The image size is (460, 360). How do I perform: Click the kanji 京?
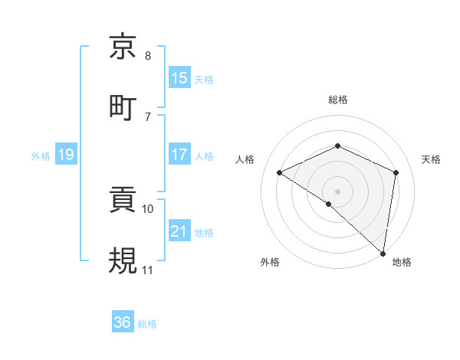(x=124, y=47)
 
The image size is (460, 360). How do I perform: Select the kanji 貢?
(x=124, y=201)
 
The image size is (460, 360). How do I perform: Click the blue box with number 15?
(x=179, y=77)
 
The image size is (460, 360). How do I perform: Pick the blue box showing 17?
(x=179, y=155)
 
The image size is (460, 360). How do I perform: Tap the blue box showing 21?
(x=179, y=231)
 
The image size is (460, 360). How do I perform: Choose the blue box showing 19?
(x=65, y=155)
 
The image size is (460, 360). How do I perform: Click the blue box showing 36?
(x=122, y=322)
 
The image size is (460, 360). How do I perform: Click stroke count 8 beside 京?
(x=148, y=56)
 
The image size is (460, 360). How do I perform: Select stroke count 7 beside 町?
(x=148, y=116)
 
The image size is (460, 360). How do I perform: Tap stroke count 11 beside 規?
(x=148, y=270)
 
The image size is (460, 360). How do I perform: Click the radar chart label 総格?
(x=337, y=100)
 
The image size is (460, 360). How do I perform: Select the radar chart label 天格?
(x=432, y=159)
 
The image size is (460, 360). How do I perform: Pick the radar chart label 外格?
(x=270, y=262)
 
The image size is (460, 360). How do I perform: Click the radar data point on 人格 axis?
(x=280, y=172)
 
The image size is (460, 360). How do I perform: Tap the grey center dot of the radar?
(x=337, y=191)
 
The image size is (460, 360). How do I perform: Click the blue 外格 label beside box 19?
(x=41, y=155)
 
